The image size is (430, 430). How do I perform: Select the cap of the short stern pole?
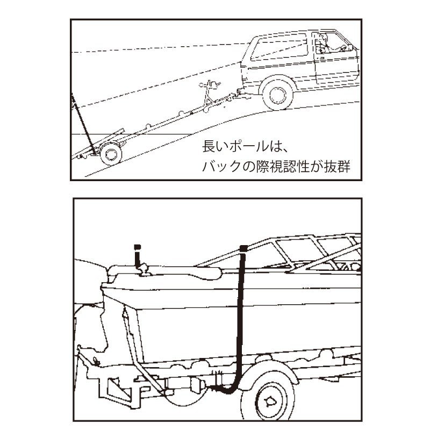point(137,247)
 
